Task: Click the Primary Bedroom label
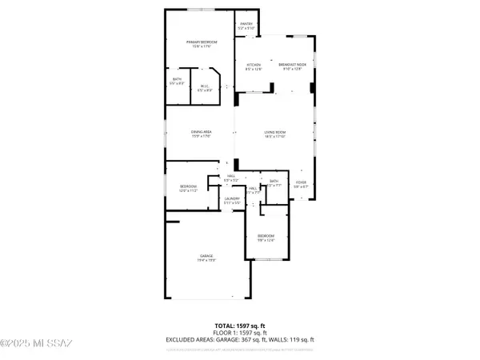tap(203, 42)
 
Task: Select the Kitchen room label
tap(254, 65)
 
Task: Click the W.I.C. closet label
tap(204, 86)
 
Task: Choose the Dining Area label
tap(201, 132)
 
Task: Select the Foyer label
tap(301, 182)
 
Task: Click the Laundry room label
tap(232, 198)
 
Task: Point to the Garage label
tap(206, 255)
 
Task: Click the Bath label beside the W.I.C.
tap(177, 78)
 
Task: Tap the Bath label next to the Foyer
tap(274, 182)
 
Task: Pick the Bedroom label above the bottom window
tap(266, 235)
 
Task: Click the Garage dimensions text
tap(206, 260)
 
